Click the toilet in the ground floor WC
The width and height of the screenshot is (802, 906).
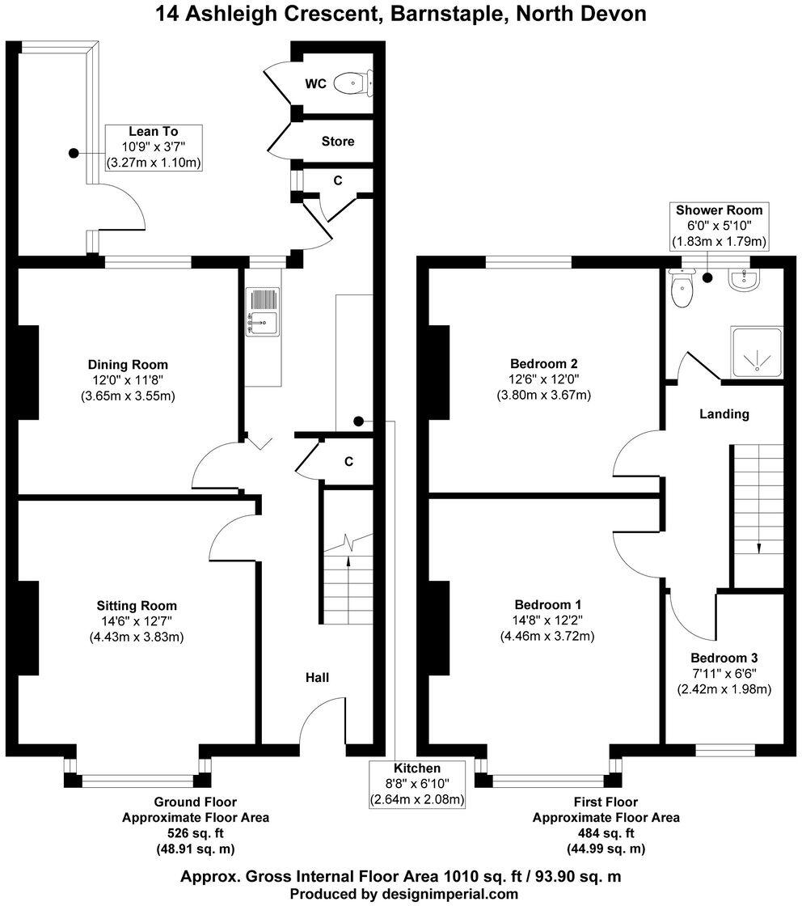(354, 83)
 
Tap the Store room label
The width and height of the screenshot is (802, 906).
(338, 142)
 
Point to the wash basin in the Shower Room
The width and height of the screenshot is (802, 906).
(742, 280)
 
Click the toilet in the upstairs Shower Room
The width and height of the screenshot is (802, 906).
(682, 290)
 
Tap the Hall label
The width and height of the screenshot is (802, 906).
(317, 677)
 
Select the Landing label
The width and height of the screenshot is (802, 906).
(724, 413)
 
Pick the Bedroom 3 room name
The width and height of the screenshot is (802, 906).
(724, 658)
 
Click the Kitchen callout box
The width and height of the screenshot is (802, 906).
(417, 784)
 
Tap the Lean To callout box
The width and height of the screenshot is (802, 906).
(154, 147)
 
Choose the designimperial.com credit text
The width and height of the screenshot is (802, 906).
(403, 894)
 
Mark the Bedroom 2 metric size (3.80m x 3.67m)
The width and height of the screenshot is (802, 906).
(543, 395)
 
